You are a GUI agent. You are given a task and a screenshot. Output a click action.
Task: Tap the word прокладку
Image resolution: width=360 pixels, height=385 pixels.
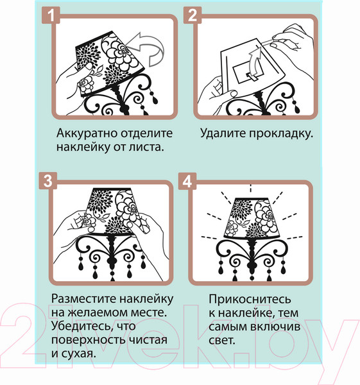tap(282, 135)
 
